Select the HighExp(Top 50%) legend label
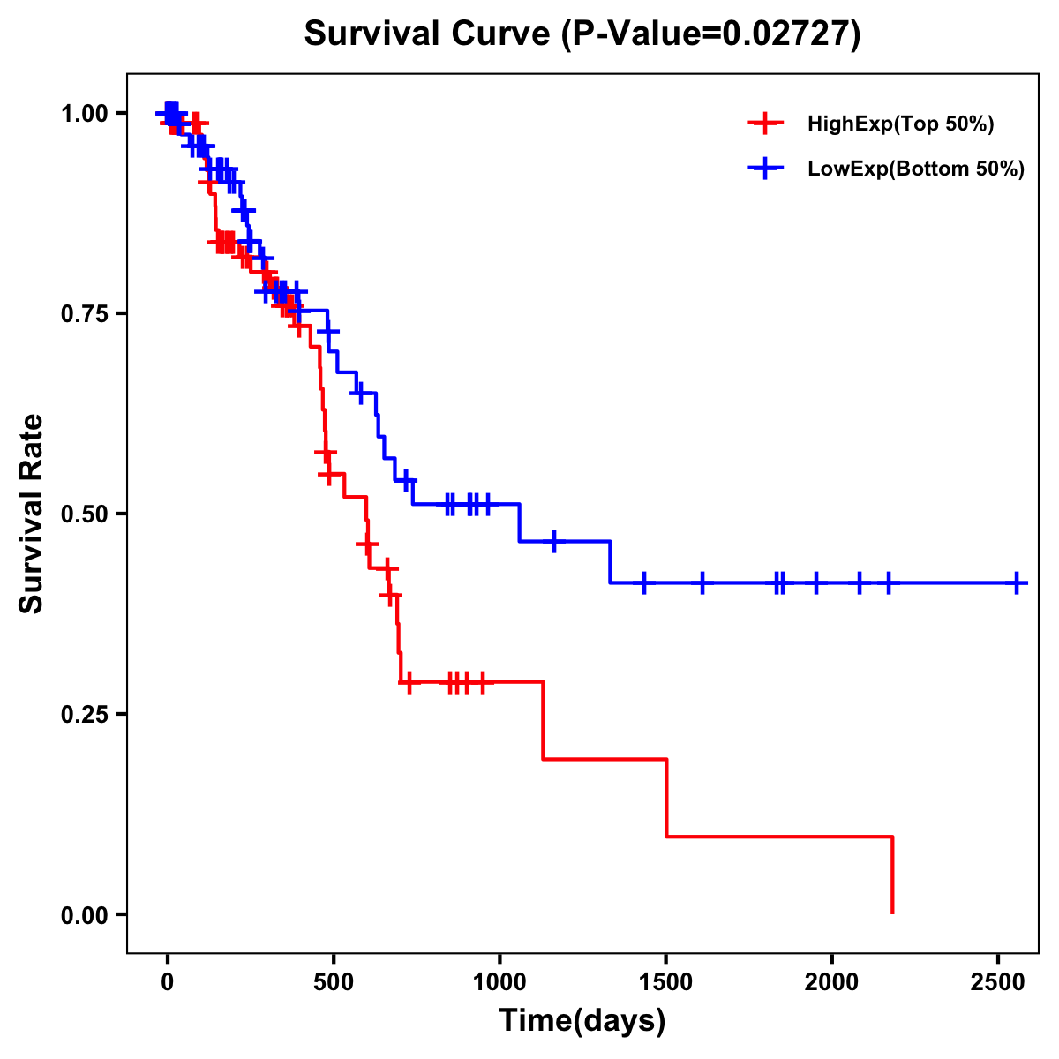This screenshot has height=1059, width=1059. [x=900, y=124]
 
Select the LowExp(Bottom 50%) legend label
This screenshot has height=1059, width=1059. [x=916, y=169]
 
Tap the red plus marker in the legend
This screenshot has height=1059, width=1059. [x=765, y=124]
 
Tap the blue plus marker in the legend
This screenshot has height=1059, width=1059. [x=765, y=169]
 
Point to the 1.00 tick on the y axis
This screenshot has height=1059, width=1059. [x=84, y=114]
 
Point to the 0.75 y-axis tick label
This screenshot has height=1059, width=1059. [x=84, y=314]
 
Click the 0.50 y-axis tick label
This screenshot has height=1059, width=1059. [x=84, y=514]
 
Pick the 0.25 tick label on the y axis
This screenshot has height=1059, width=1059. [x=84, y=715]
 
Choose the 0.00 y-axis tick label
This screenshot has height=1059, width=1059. [x=84, y=915]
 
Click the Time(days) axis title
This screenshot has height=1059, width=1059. [x=582, y=1021]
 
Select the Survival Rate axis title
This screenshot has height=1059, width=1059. [x=33, y=514]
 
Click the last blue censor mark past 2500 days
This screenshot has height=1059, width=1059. [x=1017, y=583]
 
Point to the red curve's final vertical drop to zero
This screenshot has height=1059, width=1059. [x=892, y=875]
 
